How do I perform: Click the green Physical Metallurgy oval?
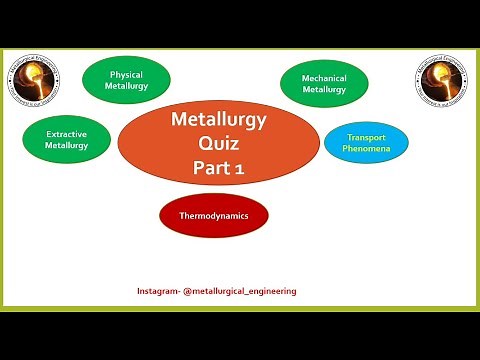(x=126, y=80)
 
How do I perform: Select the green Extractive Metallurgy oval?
(x=67, y=139)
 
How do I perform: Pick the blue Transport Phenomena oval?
(x=366, y=143)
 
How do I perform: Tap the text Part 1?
(x=219, y=169)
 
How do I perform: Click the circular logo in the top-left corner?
(x=32, y=81)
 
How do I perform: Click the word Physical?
(x=126, y=73)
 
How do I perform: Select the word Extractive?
(x=67, y=132)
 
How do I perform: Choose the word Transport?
(x=366, y=137)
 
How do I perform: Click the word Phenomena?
(x=366, y=149)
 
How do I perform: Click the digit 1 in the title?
(x=240, y=170)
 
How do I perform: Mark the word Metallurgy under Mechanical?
(x=324, y=90)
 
